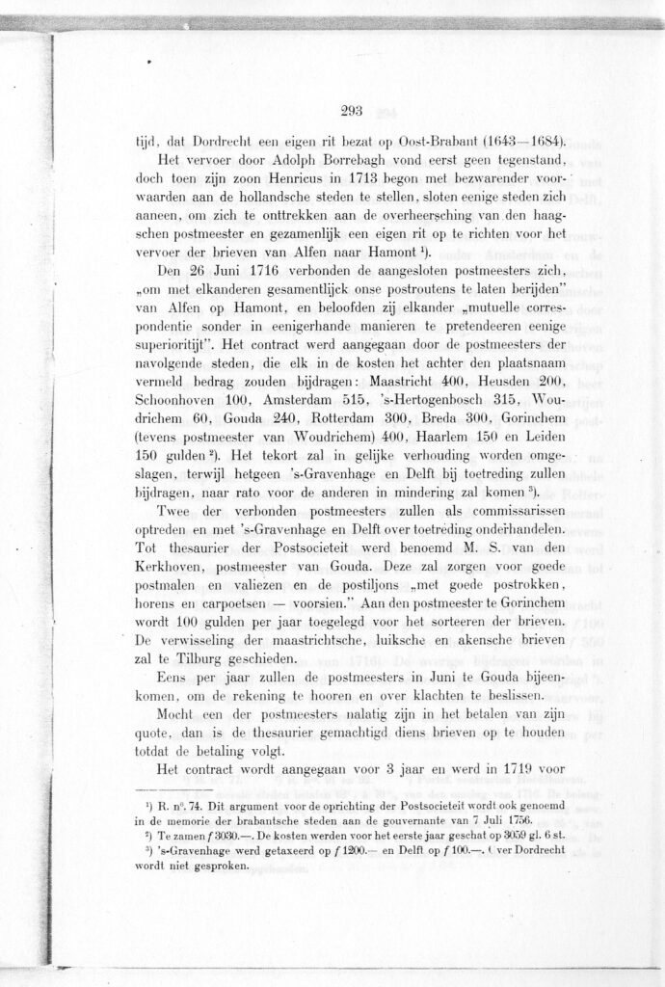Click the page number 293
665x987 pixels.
(351, 111)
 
